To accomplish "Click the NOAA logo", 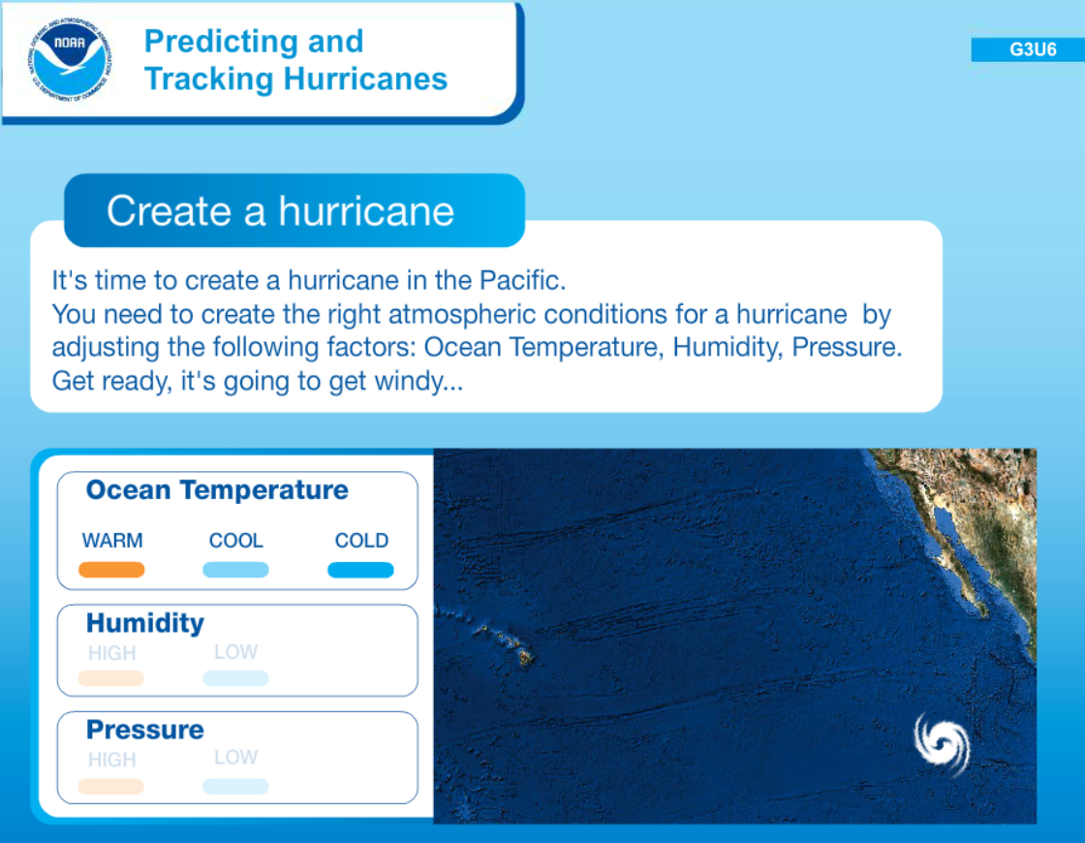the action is pos(69,60).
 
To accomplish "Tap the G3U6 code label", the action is pos(1032,49).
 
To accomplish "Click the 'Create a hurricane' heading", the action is pos(280,210).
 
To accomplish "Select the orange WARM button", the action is pos(111,570).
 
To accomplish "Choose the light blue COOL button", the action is pos(235,570).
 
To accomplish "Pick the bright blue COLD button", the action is pos(360,570).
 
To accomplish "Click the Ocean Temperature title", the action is pos(217,490).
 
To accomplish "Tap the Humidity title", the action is pos(144,623).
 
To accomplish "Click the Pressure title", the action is pos(144,730).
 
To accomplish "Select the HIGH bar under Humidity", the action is pos(110,678).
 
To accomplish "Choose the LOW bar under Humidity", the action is pos(235,678).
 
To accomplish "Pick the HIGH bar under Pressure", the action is pos(110,786).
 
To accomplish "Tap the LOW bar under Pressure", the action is pos(235,786).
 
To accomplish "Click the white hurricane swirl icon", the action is pos(942,744).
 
